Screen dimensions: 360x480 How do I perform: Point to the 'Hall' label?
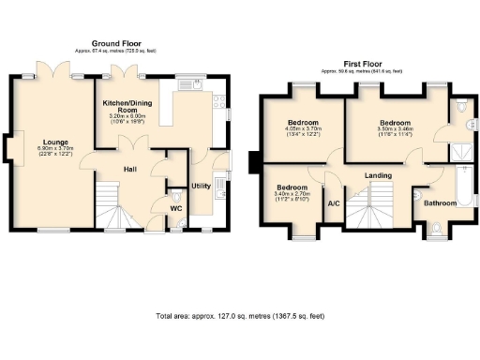[132, 169]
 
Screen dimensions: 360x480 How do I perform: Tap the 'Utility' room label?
[201, 186]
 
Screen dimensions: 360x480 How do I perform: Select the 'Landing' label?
[378, 175]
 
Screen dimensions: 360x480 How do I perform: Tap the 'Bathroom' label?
[439, 202]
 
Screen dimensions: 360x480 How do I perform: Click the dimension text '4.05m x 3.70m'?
[303, 130]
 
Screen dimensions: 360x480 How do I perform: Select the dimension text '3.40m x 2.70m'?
[292, 194]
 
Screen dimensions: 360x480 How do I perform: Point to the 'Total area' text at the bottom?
[240, 316]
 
